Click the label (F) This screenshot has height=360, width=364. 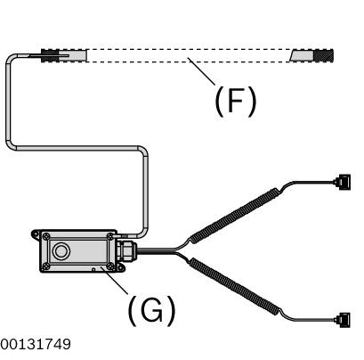pos(235,101)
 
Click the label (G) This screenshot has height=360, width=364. pos(151,310)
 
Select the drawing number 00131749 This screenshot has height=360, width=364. pos(36,345)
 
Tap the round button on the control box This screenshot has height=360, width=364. pos(61,251)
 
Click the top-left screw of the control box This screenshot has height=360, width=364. pos(46,237)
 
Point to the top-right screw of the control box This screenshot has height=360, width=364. pos(109,236)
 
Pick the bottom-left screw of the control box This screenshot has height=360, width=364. pos(46,266)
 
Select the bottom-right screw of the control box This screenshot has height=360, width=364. pos(110,266)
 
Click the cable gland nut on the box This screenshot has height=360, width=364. pos(127,251)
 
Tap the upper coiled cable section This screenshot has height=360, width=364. pos(234,215)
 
